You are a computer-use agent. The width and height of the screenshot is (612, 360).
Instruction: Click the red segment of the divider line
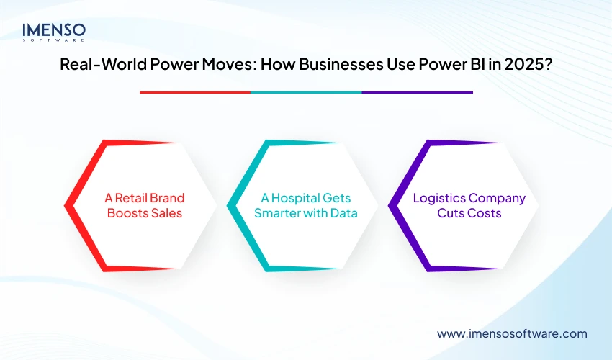pos(194,92)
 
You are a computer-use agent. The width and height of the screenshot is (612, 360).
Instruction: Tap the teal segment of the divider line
pos(306,92)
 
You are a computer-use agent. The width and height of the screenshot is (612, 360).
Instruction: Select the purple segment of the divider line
pos(417,92)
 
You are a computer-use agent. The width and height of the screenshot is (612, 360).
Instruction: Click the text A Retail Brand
pos(143,198)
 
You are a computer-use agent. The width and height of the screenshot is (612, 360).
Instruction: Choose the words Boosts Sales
pos(143,213)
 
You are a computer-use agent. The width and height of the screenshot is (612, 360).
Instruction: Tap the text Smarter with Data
pos(306,213)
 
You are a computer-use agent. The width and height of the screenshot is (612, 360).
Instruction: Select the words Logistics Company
pos(469,198)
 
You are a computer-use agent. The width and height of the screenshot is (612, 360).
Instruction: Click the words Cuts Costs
pos(469,213)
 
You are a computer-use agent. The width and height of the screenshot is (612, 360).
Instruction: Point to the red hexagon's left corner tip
pos(66,206)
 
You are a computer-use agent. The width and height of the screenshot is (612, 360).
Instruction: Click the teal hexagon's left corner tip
pos(228,206)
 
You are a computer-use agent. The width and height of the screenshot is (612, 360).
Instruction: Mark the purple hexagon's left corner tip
pos(390,206)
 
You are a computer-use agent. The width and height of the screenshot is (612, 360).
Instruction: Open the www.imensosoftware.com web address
pos(512,333)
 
